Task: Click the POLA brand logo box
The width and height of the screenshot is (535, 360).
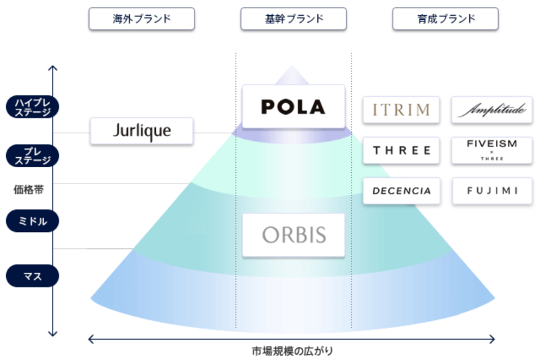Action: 293,106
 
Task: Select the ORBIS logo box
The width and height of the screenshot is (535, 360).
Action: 294,235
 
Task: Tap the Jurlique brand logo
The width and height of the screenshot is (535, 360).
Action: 142,131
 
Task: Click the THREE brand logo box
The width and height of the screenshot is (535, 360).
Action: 401,150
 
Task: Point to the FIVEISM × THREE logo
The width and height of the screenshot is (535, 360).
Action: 492,150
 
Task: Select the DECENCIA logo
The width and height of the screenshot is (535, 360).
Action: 401,191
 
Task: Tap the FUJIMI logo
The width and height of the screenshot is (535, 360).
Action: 492,191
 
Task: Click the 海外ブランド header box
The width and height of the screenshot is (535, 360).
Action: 142,19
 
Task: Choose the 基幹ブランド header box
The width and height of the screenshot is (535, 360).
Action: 294,19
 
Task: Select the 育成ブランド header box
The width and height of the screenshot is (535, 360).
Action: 445,19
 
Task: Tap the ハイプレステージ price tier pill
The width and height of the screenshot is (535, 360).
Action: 32,107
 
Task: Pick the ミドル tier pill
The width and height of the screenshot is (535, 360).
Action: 32,221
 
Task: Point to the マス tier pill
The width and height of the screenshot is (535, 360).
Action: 32,277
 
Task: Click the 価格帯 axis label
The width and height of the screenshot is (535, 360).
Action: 29,189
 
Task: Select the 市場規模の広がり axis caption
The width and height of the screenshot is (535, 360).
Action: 292,350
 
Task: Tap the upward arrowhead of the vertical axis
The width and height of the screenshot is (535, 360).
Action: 53,69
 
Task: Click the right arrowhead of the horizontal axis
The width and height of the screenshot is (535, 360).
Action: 492,339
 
